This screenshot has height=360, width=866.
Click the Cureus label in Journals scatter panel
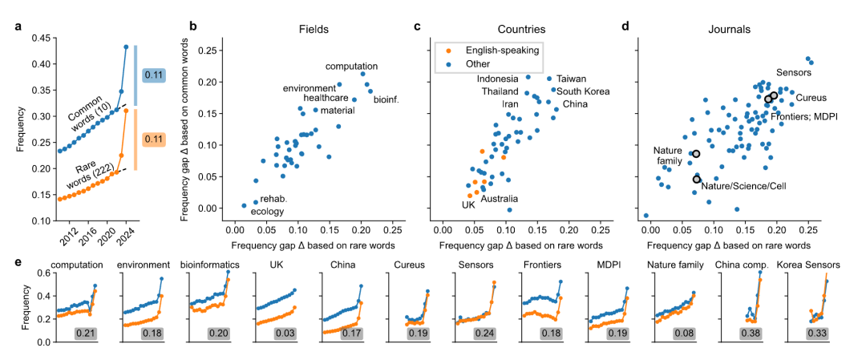[x=811, y=98]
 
